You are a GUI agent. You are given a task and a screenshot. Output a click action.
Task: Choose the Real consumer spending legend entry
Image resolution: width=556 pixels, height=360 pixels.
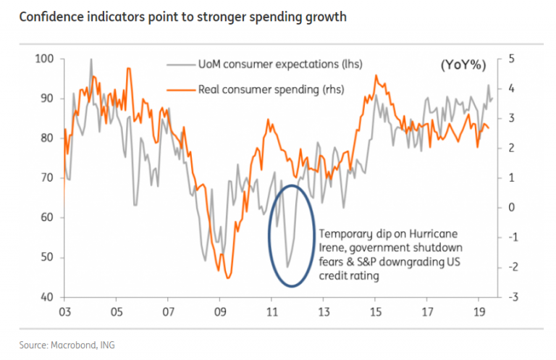click(271, 89)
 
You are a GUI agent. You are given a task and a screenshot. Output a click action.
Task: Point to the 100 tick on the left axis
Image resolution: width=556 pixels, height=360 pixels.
click(45, 58)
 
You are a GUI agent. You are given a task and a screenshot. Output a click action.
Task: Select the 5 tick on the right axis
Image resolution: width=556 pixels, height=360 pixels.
click(510, 58)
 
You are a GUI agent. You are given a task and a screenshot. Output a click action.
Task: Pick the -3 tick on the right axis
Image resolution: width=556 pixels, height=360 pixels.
click(512, 297)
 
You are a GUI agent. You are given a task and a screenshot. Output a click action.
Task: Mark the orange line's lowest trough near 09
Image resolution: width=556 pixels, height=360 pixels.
click(228, 277)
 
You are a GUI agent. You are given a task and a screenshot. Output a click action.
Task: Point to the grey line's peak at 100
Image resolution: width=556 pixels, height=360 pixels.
click(91, 59)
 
